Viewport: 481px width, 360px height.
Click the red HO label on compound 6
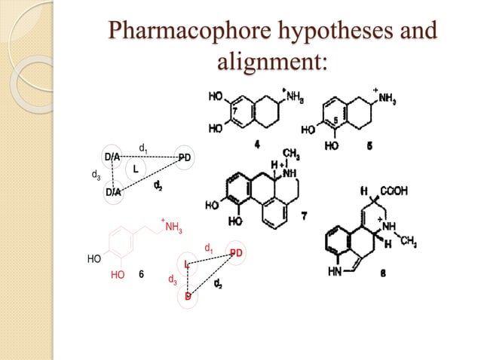(x=117, y=276)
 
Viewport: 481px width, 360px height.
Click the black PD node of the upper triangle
(x=185, y=157)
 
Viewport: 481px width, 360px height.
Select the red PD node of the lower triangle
(x=236, y=253)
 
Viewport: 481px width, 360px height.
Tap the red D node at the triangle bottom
(x=188, y=297)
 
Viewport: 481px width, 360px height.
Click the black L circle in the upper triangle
(x=136, y=169)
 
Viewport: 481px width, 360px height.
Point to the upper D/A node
(x=112, y=157)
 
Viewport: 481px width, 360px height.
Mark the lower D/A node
(x=112, y=192)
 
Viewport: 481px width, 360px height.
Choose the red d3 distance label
(x=172, y=279)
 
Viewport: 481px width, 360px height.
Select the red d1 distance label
(x=208, y=247)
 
